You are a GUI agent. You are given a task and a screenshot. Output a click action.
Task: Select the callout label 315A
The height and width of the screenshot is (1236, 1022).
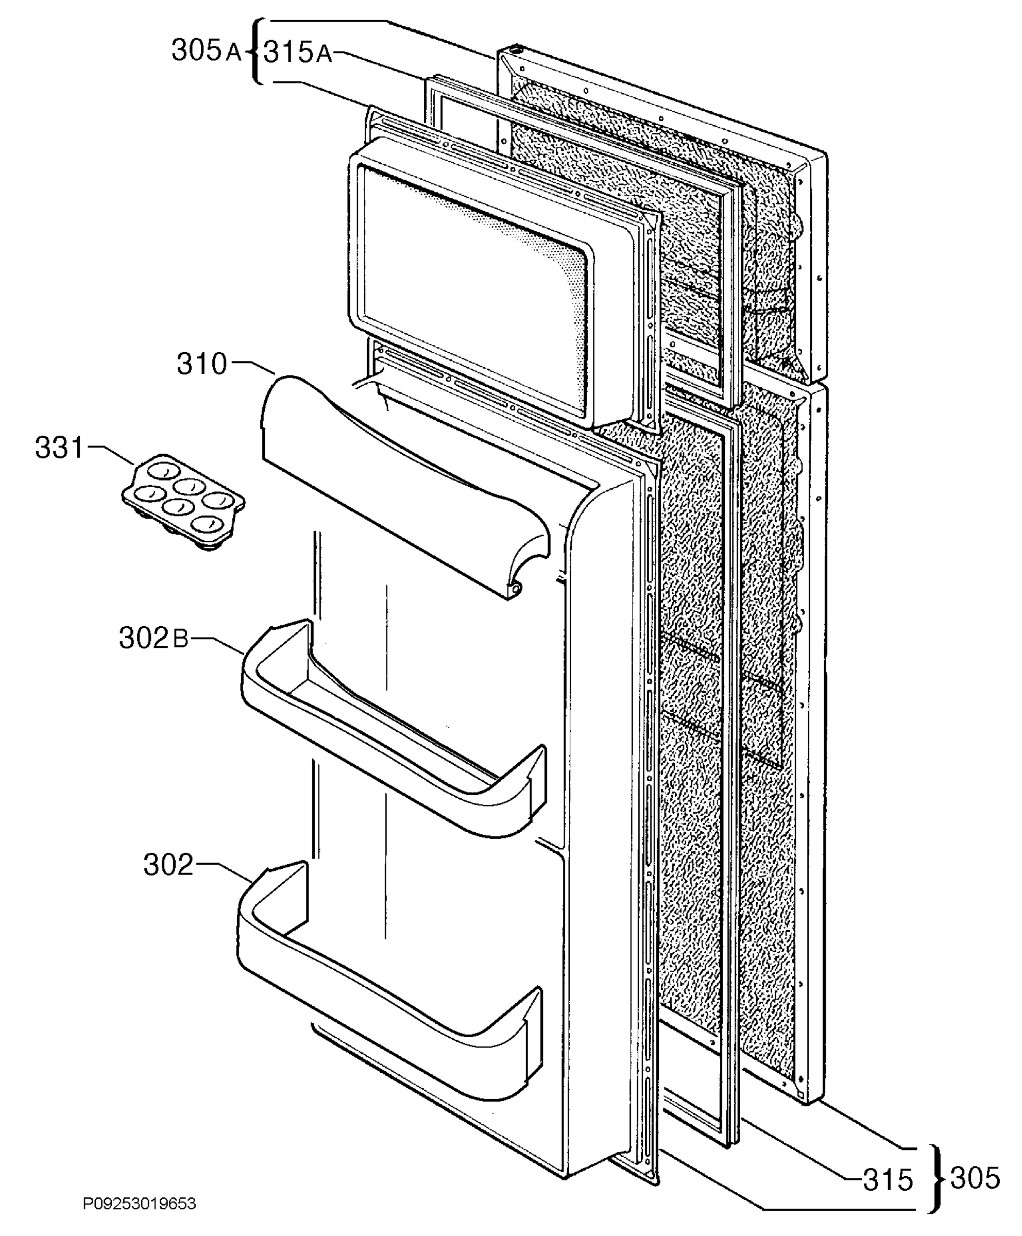(x=297, y=53)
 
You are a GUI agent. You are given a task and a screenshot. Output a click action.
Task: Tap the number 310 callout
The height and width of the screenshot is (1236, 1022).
(x=202, y=364)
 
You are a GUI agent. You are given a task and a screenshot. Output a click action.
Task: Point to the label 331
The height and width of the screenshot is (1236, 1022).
(x=60, y=448)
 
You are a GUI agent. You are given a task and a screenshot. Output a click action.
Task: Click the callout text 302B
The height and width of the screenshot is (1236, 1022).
(x=154, y=638)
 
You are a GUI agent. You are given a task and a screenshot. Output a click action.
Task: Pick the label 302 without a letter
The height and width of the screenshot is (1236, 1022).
(x=168, y=865)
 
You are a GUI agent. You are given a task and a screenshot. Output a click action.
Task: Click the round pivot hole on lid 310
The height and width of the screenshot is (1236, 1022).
(x=515, y=588)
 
